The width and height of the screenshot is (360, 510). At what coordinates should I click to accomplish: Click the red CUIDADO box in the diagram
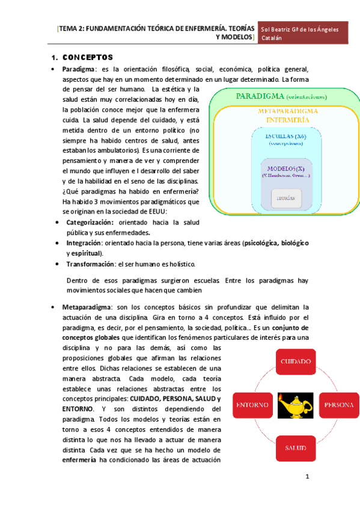294,361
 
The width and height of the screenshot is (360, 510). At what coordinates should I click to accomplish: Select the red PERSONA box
339,405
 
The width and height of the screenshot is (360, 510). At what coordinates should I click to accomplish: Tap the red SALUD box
294,447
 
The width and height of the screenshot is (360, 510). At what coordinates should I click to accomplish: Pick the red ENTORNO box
252,405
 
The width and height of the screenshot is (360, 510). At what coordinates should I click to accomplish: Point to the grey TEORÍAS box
285,198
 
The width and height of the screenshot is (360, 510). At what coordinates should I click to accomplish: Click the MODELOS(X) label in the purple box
286,168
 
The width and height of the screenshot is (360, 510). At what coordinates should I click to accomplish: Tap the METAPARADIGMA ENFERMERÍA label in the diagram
285,115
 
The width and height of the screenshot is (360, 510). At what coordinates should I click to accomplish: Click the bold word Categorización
90,222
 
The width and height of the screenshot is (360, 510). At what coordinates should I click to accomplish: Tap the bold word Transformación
90,263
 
